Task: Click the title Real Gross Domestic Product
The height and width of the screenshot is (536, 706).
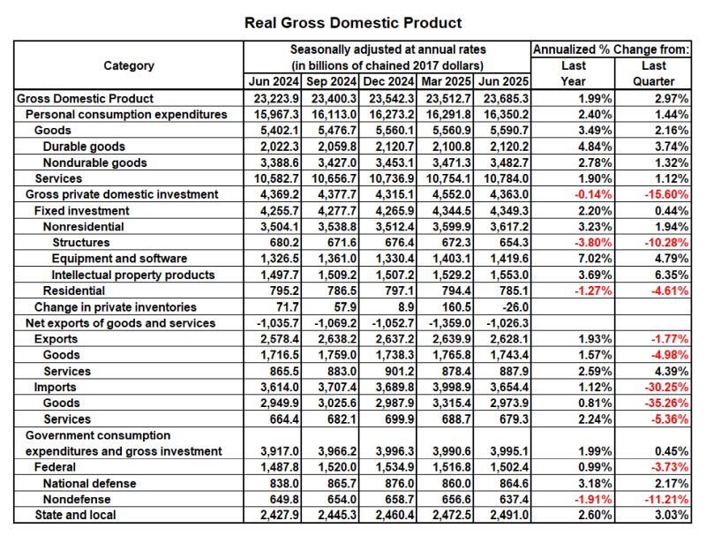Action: pyautogui.click(x=352, y=22)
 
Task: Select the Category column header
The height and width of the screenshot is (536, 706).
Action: pyautogui.click(x=129, y=65)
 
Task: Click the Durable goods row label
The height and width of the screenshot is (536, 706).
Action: pyautogui.click(x=84, y=147)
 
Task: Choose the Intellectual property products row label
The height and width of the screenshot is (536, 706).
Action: pyautogui.click(x=133, y=275)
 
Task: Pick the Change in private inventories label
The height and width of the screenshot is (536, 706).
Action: pyautogui.click(x=115, y=307)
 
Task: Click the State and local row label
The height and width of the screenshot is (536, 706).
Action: pyautogui.click(x=75, y=515)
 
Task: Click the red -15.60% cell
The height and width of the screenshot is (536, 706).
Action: pyautogui.click(x=667, y=194)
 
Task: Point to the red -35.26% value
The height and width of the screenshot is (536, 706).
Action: pyautogui.click(x=667, y=403)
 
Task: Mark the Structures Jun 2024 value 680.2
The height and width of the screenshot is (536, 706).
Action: pyautogui.click(x=273, y=243)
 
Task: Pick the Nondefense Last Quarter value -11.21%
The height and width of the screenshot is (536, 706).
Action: pyautogui.click(x=667, y=499)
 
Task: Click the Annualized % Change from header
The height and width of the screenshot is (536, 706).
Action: pyautogui.click(x=611, y=49)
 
